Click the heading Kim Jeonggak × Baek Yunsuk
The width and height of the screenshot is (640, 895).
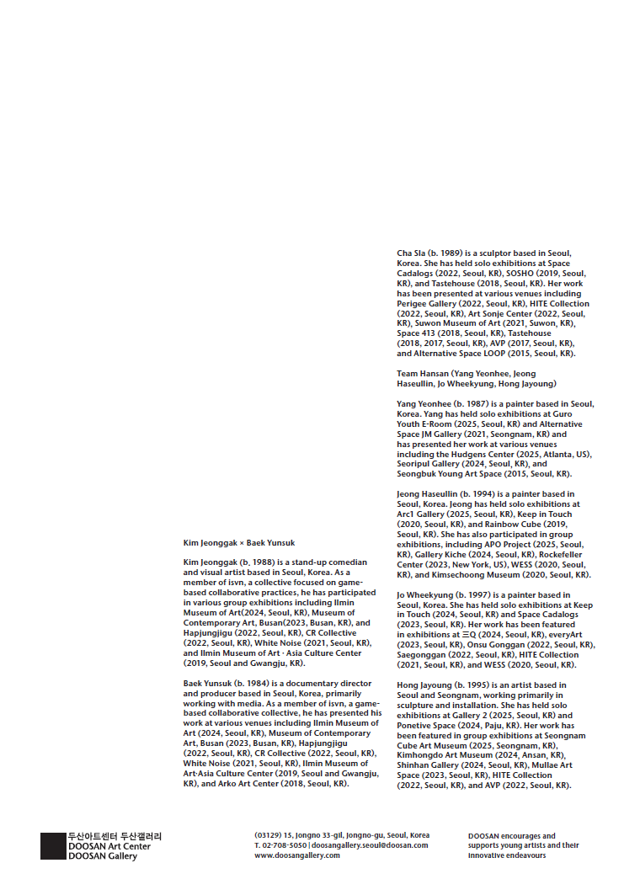pos(239,543)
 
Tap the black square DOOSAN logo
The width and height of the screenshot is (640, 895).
pos(53,846)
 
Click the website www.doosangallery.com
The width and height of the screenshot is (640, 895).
pos(297,855)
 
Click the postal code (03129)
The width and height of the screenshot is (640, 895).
pos(267,835)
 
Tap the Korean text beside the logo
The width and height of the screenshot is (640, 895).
pos(115,836)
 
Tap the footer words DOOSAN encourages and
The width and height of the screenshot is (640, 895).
pos(511,836)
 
